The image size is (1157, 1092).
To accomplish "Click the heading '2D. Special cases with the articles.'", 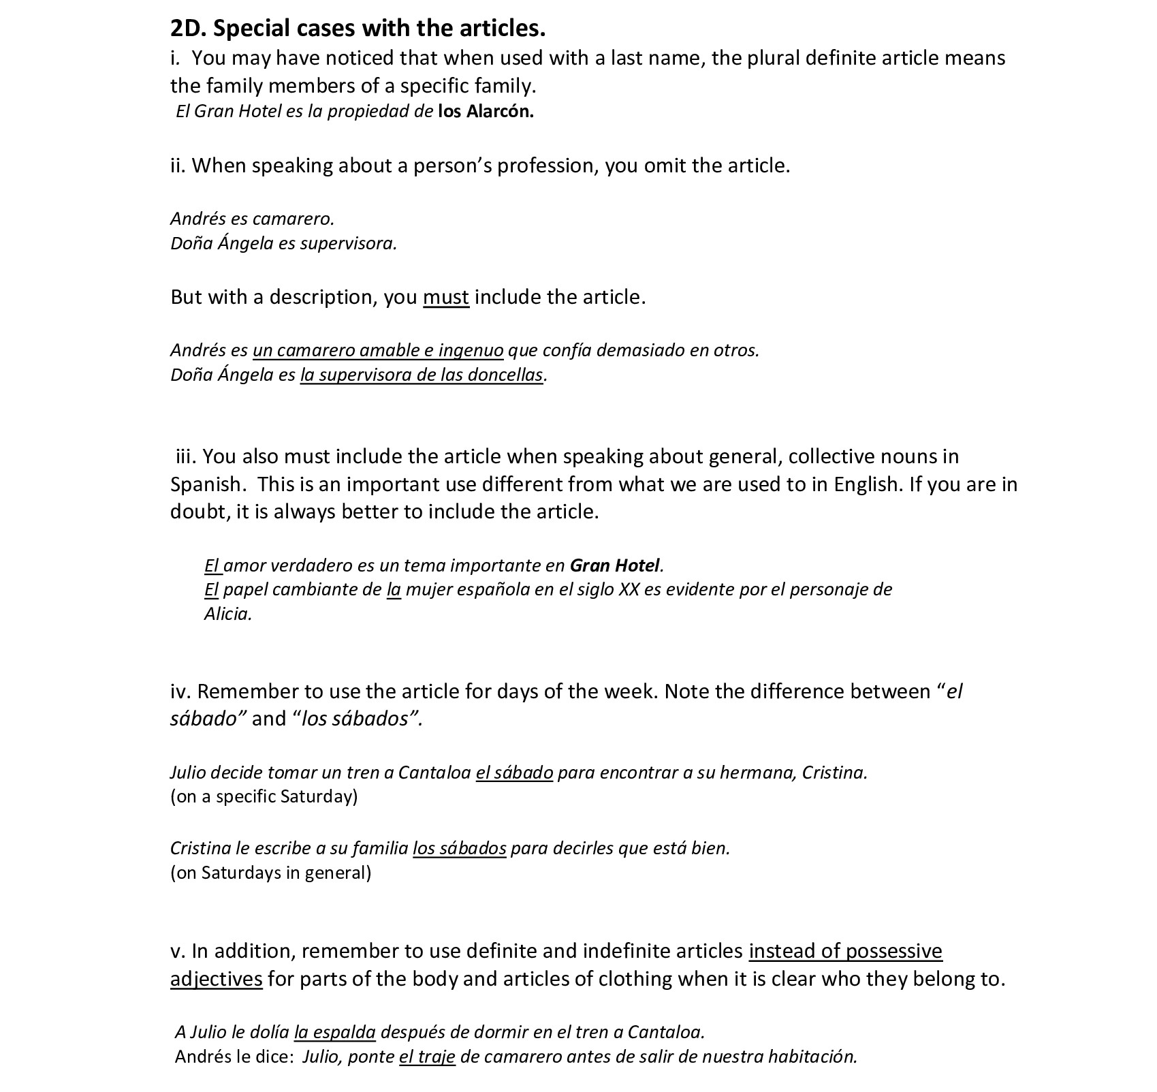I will pos(358,29).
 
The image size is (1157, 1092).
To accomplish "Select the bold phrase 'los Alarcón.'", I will pos(486,112).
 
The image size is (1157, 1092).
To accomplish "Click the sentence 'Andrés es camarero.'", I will pos(252,219).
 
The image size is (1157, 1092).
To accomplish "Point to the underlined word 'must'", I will pos(445,297).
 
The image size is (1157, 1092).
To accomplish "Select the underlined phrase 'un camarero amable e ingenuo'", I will pos(378,350).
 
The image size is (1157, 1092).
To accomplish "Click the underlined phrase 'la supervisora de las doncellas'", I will pos(422,375).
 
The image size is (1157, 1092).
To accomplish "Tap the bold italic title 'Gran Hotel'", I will pos(614,565).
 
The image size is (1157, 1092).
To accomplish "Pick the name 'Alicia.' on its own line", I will pos(228,614).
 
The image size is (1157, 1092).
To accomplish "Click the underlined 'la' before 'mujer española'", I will pos(394,589).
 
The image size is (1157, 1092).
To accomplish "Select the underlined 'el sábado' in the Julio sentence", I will pos(514,773).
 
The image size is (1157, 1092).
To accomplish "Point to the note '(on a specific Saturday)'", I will pos(264,796).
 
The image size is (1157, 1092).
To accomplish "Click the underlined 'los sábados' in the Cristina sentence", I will pos(459,848).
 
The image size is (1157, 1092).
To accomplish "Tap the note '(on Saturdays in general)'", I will pos(270,873).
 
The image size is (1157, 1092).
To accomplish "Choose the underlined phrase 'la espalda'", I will pos(334,1032).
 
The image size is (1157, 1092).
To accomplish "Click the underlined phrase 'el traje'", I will pos(426,1057).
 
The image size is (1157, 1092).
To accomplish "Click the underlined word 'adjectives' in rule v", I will pos(216,979).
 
